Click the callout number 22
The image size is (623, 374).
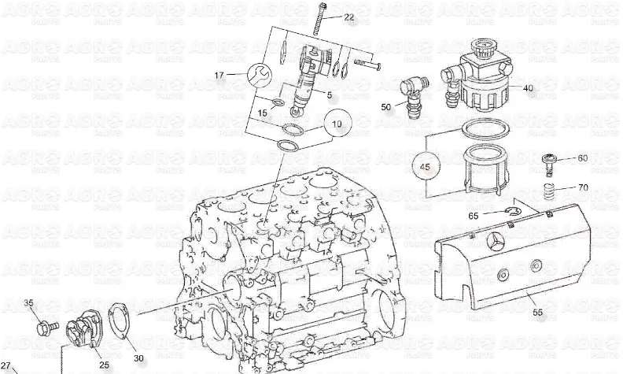click(348, 17)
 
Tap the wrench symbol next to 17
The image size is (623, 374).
click(260, 74)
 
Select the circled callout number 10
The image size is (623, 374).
click(337, 124)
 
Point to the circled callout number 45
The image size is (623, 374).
click(425, 166)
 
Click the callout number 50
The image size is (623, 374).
click(385, 107)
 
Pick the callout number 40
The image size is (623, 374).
click(528, 88)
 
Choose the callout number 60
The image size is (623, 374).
click(582, 158)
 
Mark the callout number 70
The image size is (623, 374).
click(583, 187)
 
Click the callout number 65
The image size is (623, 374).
click(474, 216)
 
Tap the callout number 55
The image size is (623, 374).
click(537, 313)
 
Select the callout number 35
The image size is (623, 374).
click(28, 303)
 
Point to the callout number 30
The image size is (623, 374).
click(138, 358)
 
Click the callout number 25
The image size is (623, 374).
click(104, 365)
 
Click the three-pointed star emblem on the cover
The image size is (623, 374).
click(495, 240)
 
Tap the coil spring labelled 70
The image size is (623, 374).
click(550, 192)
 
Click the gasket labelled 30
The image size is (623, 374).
click(119, 323)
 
